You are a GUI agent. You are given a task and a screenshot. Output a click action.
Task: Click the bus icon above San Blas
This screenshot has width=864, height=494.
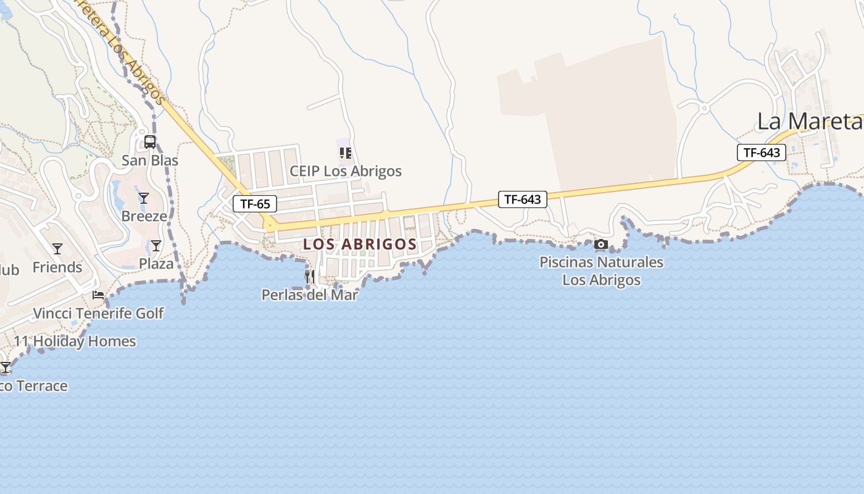[150, 142]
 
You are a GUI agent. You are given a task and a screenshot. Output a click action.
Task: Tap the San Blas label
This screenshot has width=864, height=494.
[150, 161]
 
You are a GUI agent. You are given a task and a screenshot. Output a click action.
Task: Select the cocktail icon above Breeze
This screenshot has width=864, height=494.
[144, 198]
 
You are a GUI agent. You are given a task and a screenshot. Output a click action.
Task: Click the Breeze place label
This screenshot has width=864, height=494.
[144, 216]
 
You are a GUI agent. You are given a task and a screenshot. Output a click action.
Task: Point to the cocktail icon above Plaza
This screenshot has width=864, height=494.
[156, 246]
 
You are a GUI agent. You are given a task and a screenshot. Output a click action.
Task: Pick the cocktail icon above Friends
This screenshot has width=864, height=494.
[57, 249]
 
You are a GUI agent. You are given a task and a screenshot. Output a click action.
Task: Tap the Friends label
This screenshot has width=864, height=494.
[57, 267]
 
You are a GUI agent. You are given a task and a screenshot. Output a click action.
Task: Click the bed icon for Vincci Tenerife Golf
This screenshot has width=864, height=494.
[98, 295]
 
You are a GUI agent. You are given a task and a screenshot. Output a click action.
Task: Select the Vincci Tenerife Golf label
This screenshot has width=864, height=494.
[98, 313]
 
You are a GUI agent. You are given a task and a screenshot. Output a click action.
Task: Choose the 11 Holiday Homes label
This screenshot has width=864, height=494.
[75, 341]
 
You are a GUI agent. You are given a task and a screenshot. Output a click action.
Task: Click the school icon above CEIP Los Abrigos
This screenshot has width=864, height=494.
[346, 153]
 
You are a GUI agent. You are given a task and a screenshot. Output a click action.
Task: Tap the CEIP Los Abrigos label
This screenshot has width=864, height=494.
[346, 171]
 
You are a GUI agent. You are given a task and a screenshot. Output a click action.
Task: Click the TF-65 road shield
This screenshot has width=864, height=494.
[255, 204]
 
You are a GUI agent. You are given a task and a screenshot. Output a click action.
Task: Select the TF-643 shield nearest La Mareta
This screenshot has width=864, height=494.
[762, 153]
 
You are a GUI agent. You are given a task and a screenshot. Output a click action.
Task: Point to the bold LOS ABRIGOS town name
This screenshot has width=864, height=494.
[360, 245]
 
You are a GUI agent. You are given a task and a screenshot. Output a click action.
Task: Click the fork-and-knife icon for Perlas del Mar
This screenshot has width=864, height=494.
[310, 277]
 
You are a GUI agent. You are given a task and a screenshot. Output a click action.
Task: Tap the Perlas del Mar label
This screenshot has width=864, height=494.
[310, 295]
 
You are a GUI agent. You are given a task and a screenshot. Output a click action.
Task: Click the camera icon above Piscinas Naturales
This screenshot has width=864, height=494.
[601, 245]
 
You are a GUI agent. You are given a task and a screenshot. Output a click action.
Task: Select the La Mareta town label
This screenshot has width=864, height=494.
[809, 122]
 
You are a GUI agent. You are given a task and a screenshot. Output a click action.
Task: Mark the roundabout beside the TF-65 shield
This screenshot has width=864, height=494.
[269, 225]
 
